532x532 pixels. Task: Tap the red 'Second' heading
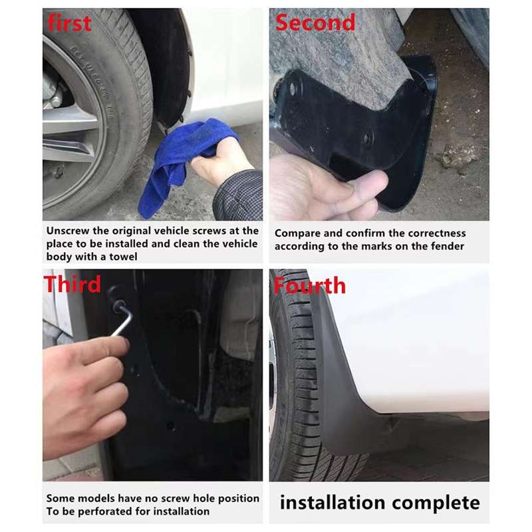coord(315,23)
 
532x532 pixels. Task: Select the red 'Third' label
coord(72,284)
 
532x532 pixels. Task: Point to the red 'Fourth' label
coord(309,286)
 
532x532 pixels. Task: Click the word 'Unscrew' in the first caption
coord(69,231)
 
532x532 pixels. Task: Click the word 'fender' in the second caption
coord(447,247)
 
